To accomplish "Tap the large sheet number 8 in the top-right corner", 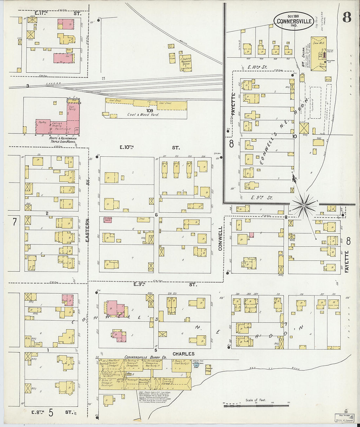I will (347, 18).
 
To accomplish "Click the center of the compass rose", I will (304, 205).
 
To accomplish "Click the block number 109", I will (150, 111).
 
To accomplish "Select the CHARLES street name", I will (183, 354).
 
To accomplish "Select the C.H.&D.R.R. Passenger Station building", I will (185, 63).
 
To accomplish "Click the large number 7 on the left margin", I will (14, 222).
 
